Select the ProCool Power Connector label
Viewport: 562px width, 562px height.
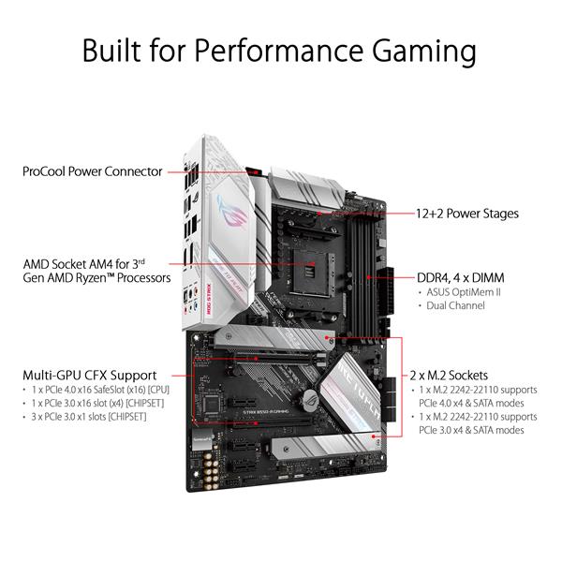[x=93, y=171]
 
